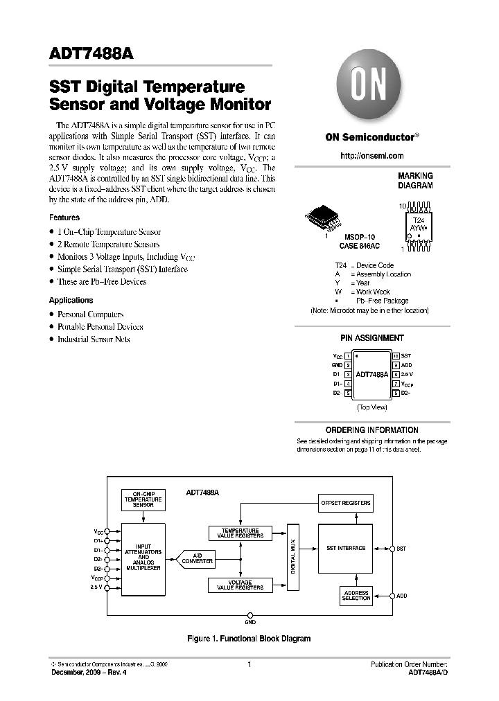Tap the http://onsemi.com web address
pyautogui.click(x=371, y=156)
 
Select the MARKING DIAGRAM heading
pyautogui.click(x=414, y=181)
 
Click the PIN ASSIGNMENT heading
pyautogui.click(x=371, y=338)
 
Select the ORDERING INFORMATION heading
pyautogui.click(x=371, y=430)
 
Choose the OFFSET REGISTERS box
pyautogui.click(x=345, y=503)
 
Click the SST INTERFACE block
pyautogui.click(x=345, y=549)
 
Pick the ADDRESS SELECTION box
pyautogui.click(x=356, y=595)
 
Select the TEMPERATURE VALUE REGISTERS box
pyautogui.click(x=240, y=533)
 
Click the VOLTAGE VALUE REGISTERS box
pyautogui.click(x=240, y=585)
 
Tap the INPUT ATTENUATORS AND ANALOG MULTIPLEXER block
pyautogui.click(x=143, y=557)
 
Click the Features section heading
pyautogui.click(x=64, y=218)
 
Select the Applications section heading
pyautogui.click(x=71, y=301)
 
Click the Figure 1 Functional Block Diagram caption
pyautogui.click(x=249, y=639)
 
